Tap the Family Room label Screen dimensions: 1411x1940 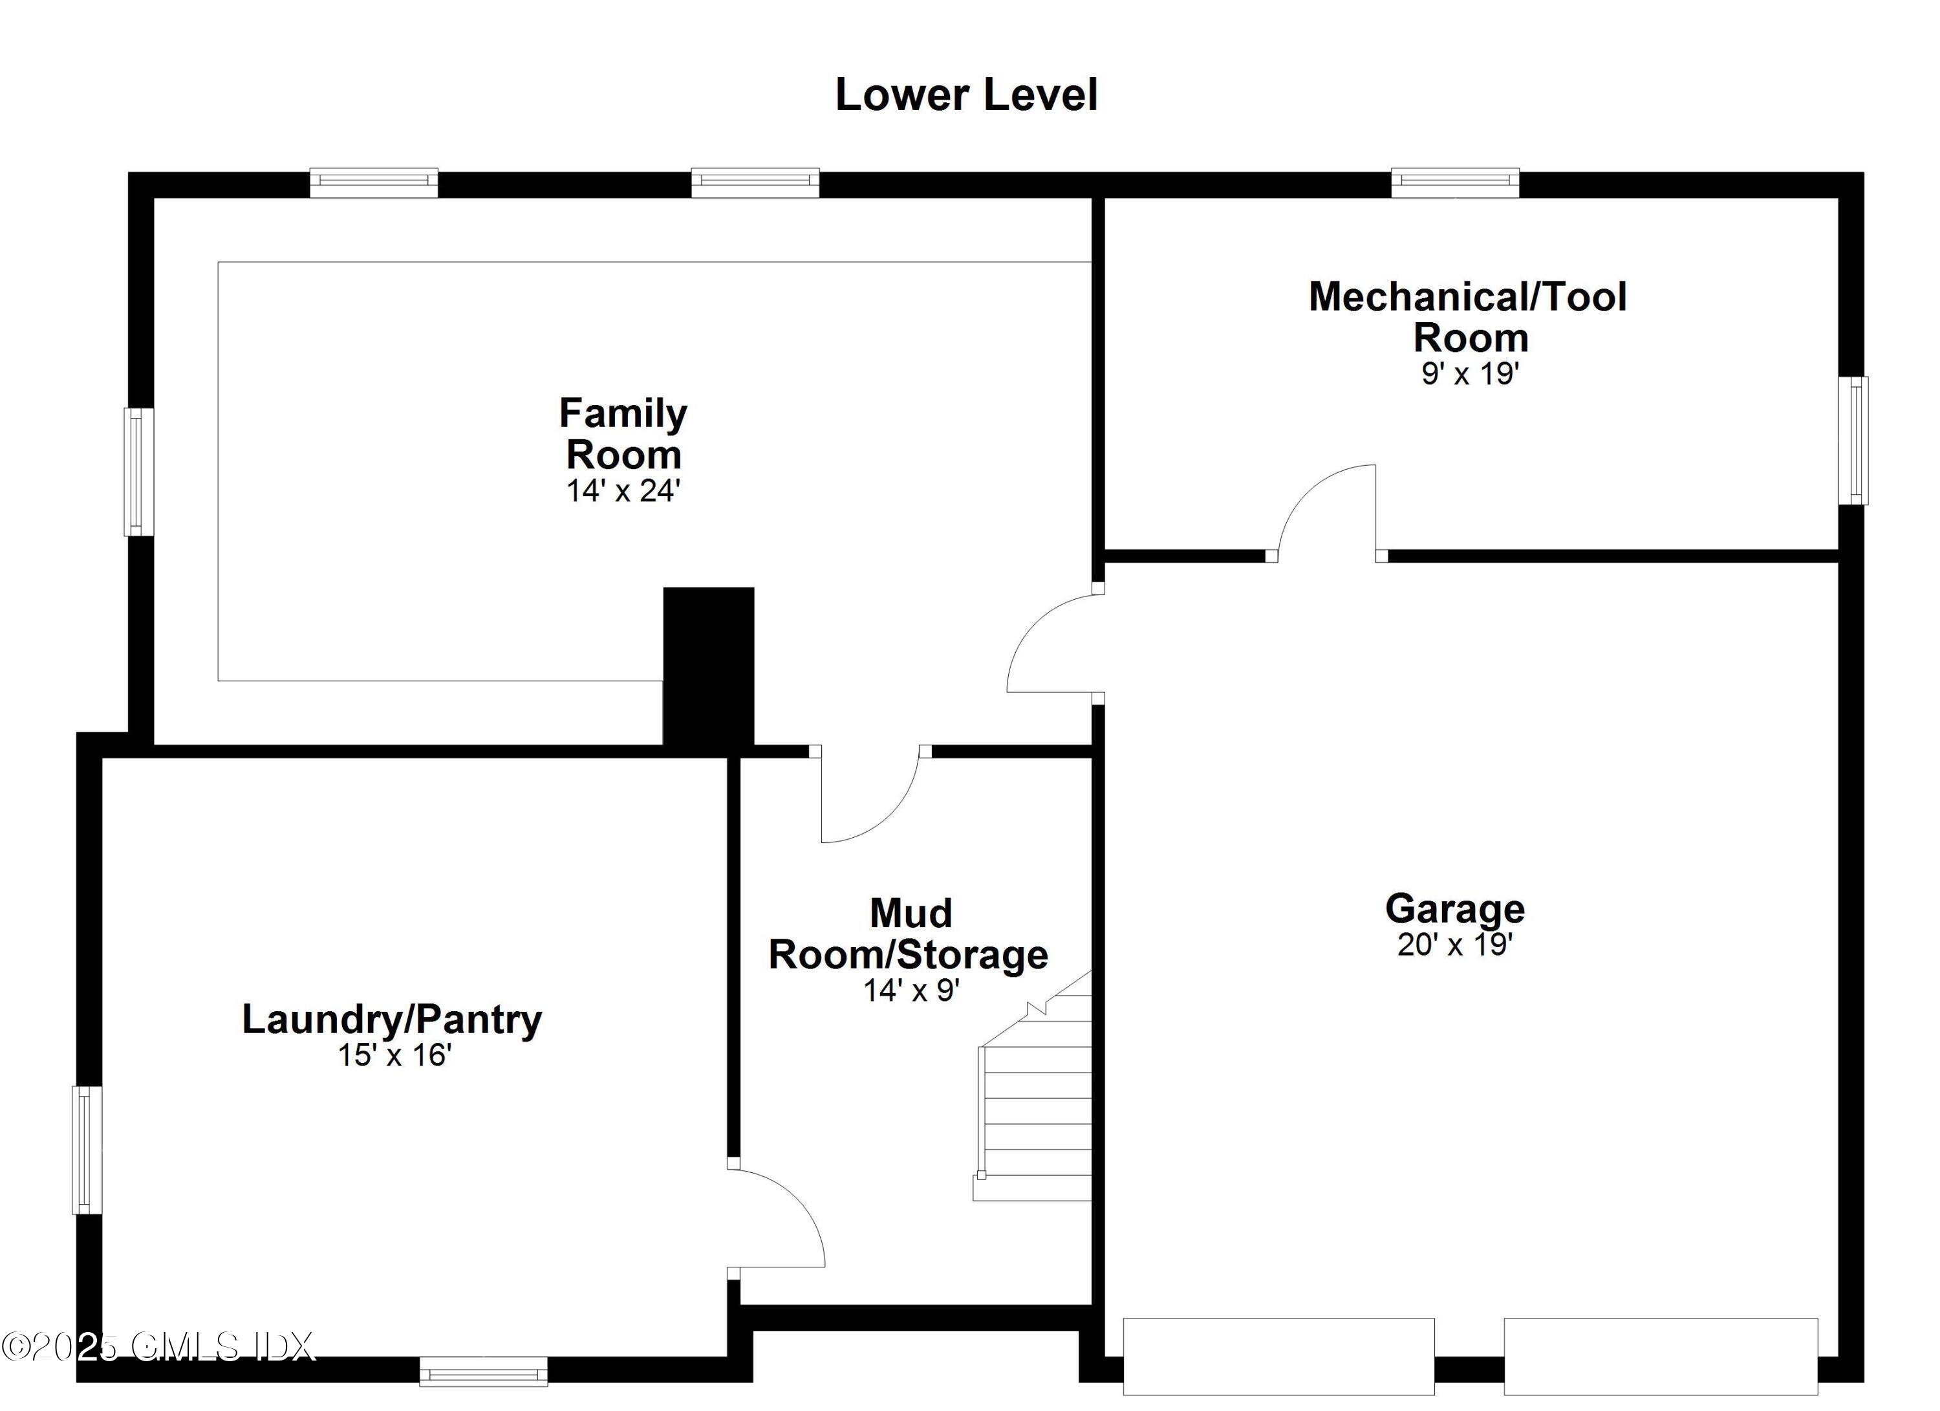[623, 434]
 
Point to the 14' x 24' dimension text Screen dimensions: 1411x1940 [623, 491]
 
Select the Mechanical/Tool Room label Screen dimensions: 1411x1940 [1468, 316]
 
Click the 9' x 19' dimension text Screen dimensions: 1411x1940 [1469, 374]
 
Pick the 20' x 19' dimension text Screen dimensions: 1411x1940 [1455, 945]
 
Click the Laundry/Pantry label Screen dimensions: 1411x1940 [392, 1019]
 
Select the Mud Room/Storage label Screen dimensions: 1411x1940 [909, 934]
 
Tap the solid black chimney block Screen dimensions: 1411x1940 [708, 666]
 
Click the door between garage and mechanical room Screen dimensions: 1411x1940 [1326, 514]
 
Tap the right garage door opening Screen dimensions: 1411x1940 [1660, 1355]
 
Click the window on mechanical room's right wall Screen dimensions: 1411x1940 [1853, 440]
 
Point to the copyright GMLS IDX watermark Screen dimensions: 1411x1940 [158, 1346]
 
